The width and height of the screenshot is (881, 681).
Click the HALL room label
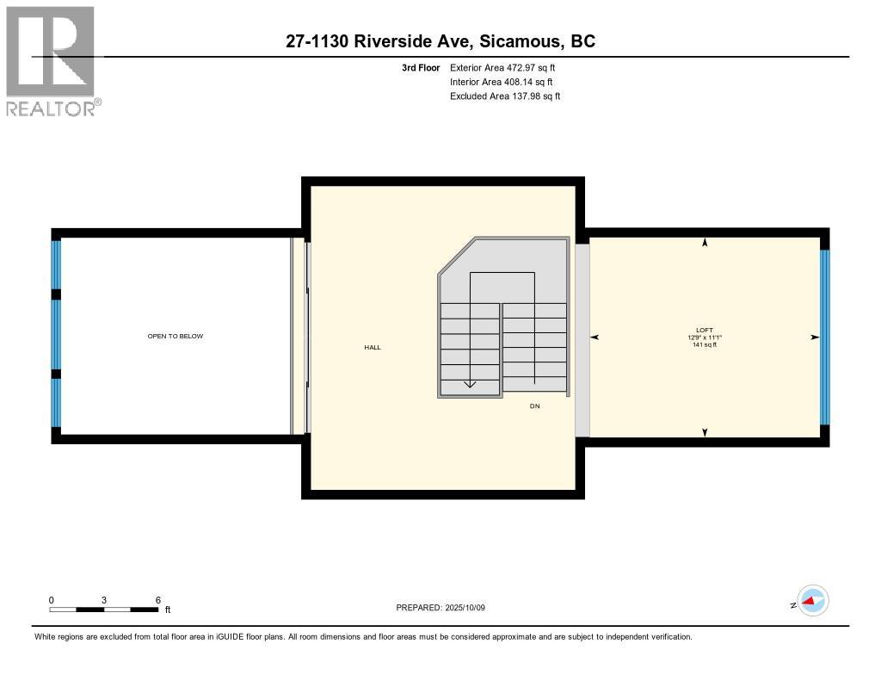(x=373, y=348)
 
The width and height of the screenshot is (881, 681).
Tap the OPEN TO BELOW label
(x=176, y=337)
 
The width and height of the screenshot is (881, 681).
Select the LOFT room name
(x=705, y=330)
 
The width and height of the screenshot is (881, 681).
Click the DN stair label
(x=534, y=406)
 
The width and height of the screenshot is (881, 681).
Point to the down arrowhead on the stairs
(x=470, y=385)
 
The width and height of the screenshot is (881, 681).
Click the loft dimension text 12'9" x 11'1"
(x=705, y=337)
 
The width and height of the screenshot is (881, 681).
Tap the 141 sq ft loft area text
(x=705, y=344)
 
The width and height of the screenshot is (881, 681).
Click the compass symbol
(x=813, y=601)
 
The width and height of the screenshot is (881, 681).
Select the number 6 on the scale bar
(x=158, y=600)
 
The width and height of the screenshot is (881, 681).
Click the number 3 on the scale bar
(x=104, y=600)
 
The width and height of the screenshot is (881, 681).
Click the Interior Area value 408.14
(x=518, y=82)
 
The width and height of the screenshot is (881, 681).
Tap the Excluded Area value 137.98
(x=526, y=96)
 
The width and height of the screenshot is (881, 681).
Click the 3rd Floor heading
(x=421, y=67)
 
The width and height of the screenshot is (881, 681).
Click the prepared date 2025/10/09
(x=465, y=608)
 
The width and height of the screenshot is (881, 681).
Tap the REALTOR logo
(x=53, y=61)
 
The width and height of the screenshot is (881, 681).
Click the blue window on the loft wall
(x=825, y=337)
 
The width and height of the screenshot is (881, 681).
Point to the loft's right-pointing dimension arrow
(x=815, y=337)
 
